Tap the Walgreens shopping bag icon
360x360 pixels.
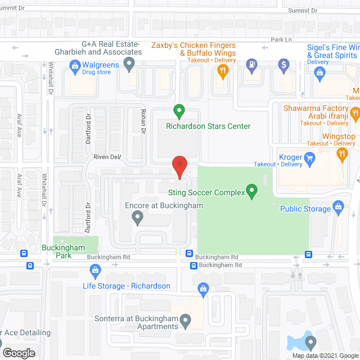click(74, 66)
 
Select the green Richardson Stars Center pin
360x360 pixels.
click(179, 111)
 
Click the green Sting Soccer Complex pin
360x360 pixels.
click(252, 192)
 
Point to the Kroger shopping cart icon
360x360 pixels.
click(309, 161)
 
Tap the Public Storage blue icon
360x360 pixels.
click(338, 208)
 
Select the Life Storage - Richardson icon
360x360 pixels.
click(95, 273)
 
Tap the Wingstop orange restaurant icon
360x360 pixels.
click(341, 154)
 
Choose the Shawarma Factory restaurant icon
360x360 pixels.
click(354, 115)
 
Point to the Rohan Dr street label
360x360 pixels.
click(143, 121)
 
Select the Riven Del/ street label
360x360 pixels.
click(107, 157)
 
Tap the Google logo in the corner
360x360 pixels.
click(19, 353)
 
